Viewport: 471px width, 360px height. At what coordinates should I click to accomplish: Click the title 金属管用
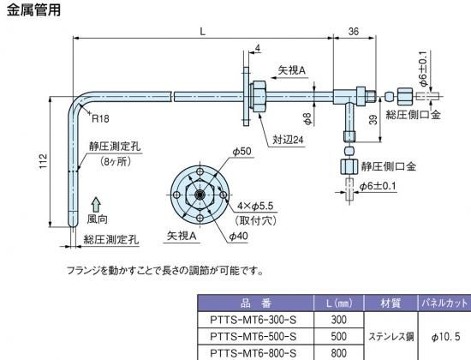(33, 9)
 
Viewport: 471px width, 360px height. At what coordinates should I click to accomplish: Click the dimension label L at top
(203, 31)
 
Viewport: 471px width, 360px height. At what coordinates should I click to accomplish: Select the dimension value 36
(354, 31)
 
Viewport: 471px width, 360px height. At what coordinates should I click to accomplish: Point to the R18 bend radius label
(100, 119)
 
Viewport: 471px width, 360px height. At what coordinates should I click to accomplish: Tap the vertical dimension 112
(44, 161)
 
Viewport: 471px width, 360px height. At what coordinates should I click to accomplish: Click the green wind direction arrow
(96, 205)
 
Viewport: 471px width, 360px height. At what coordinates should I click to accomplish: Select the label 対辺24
(288, 140)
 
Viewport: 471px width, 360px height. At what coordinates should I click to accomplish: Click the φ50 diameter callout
(241, 151)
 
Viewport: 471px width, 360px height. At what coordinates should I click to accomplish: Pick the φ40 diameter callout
(239, 236)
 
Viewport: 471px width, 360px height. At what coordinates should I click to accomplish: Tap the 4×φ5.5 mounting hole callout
(255, 206)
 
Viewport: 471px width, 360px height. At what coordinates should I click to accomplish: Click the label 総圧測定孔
(111, 240)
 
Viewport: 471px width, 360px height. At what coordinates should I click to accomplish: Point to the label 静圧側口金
(389, 166)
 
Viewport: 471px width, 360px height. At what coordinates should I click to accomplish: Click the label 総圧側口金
(413, 115)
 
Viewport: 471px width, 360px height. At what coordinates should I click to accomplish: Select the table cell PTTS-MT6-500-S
(253, 336)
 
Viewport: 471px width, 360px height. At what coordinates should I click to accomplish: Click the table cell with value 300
(339, 320)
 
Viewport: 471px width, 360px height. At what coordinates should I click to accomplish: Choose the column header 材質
(391, 303)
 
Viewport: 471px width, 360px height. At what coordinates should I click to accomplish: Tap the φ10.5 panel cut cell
(446, 337)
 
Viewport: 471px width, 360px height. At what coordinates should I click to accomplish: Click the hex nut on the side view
(259, 97)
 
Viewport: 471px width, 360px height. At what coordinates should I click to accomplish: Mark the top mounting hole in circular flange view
(200, 172)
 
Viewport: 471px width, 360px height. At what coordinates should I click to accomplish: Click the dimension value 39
(373, 120)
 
